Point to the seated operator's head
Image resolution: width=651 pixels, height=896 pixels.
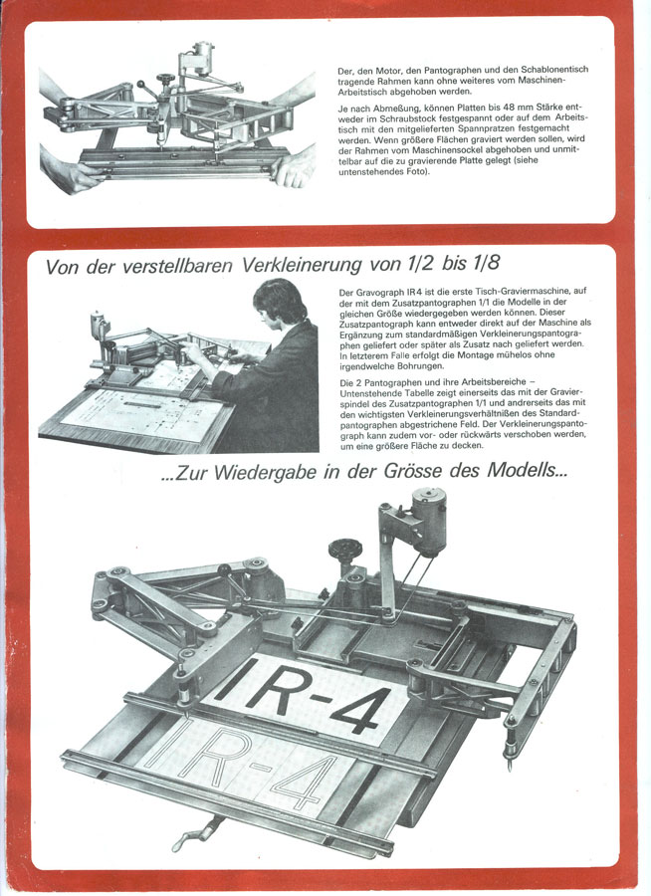(280, 301)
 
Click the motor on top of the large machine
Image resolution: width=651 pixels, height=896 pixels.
(429, 520)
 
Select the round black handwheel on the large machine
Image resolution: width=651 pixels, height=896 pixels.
(344, 550)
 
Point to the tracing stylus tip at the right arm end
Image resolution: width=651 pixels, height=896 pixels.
(510, 767)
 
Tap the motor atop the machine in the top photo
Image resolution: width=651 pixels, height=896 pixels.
(201, 57)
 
